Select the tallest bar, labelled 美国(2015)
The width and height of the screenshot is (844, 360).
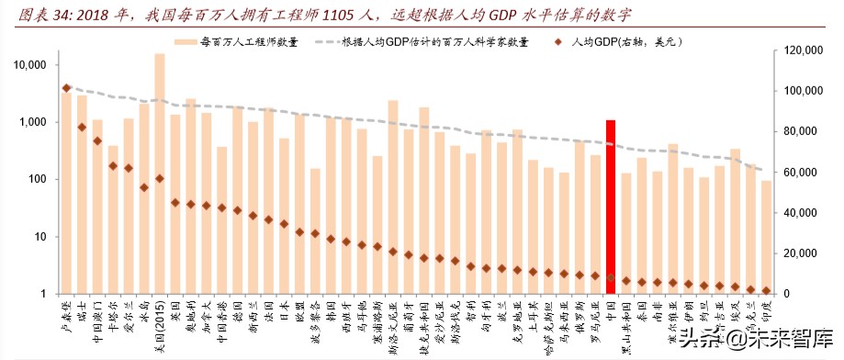pos(160,174)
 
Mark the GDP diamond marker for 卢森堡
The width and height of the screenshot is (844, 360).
pos(66,88)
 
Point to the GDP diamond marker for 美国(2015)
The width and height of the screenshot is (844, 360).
pos(160,179)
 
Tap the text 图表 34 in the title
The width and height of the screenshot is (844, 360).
pos(29,16)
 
